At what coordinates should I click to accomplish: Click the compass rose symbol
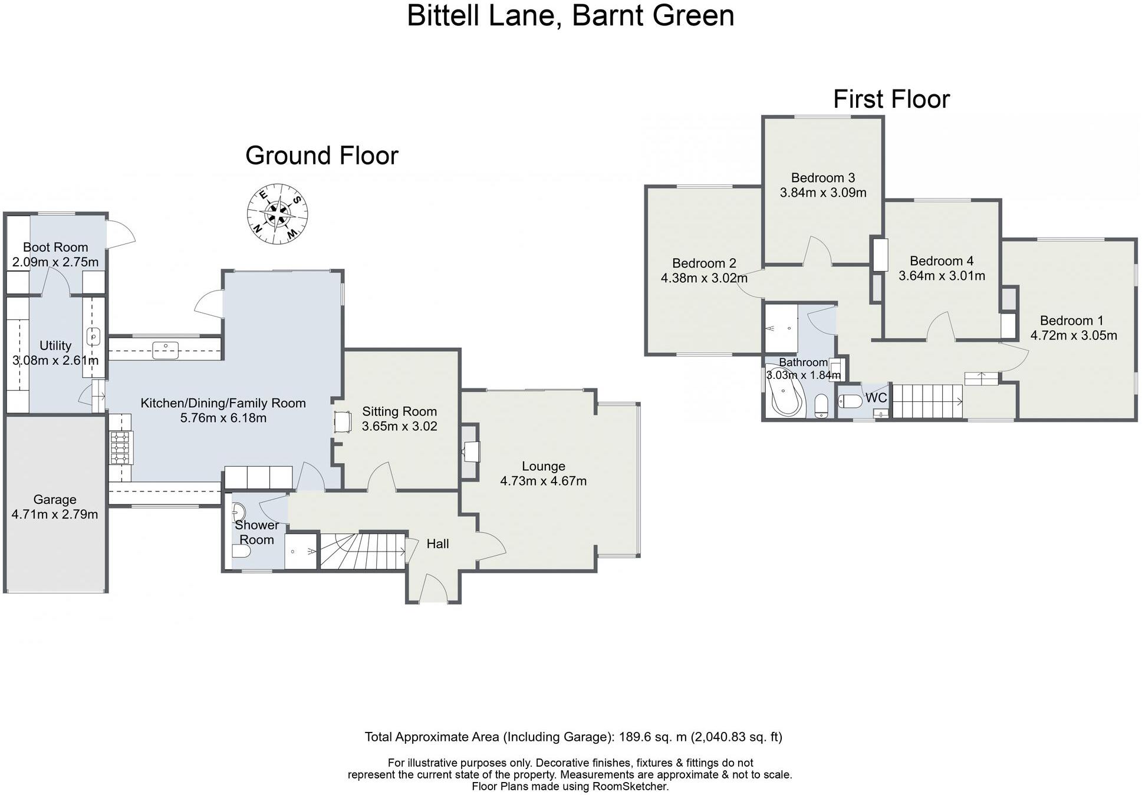pyautogui.click(x=277, y=213)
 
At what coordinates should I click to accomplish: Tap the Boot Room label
pyautogui.click(x=55, y=247)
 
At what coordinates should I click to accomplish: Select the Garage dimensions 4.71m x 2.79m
pyautogui.click(x=55, y=514)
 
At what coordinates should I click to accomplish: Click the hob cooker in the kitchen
pyautogui.click(x=120, y=448)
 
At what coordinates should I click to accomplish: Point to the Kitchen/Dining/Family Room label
pyautogui.click(x=223, y=403)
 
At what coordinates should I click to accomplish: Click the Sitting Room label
pyautogui.click(x=399, y=411)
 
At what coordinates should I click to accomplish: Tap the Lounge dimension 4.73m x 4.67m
pyautogui.click(x=543, y=481)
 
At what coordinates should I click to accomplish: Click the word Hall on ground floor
pyautogui.click(x=437, y=544)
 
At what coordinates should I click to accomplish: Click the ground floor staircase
pyautogui.click(x=361, y=551)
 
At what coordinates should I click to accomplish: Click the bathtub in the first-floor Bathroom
pyautogui.click(x=785, y=398)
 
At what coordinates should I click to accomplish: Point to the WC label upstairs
pyautogui.click(x=876, y=398)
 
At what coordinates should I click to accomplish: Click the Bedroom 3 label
pyautogui.click(x=822, y=177)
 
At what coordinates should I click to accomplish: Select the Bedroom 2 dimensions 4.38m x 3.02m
pyautogui.click(x=704, y=278)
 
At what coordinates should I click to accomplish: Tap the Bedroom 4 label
pyautogui.click(x=941, y=260)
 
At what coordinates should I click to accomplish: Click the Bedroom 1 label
pyautogui.click(x=1071, y=321)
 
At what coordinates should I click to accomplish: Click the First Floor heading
pyautogui.click(x=891, y=99)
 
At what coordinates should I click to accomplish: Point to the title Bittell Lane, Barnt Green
pyautogui.click(x=570, y=15)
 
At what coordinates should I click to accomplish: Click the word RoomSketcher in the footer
pyautogui.click(x=630, y=786)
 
